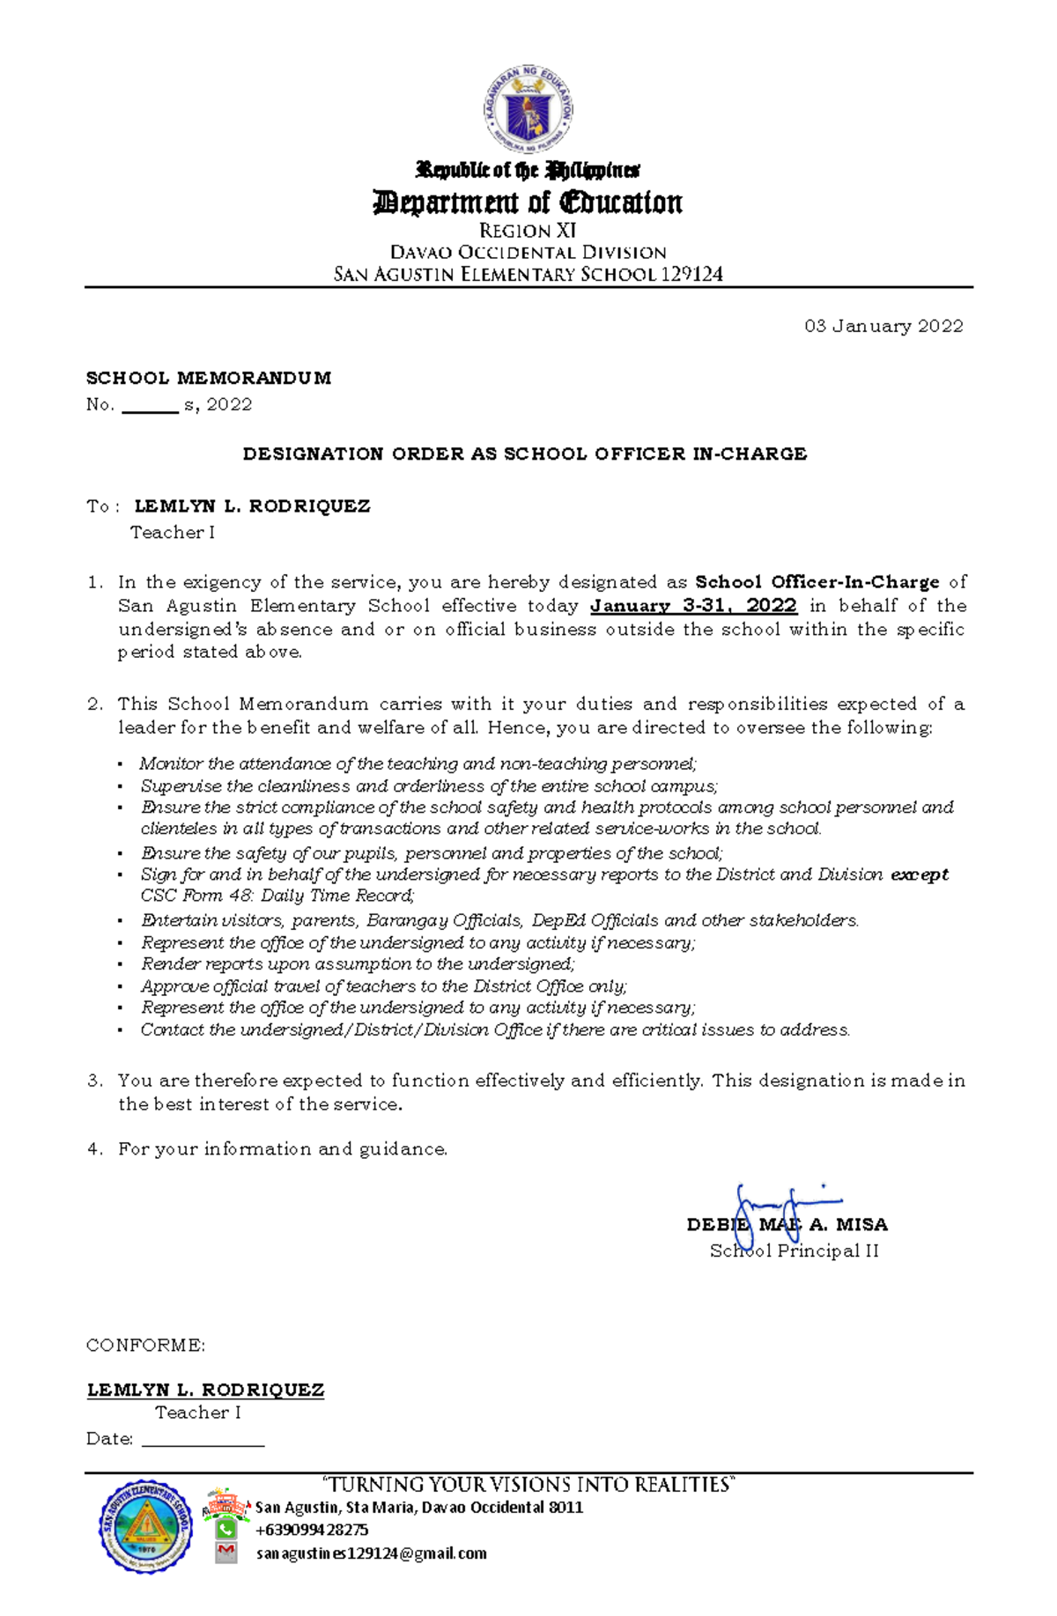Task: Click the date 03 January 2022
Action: [x=883, y=327]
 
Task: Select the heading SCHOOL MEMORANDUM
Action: [x=209, y=379]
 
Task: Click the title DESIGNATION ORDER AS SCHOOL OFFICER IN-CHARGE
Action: [x=525, y=454]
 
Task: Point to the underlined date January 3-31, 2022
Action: [x=693, y=606]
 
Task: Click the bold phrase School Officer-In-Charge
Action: [x=817, y=582]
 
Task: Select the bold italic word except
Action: [x=920, y=874]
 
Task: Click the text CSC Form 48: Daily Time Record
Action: [x=277, y=896]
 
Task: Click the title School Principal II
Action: [x=794, y=1251]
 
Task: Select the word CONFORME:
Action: [x=145, y=1346]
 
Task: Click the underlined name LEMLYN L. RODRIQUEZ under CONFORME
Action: [x=205, y=1391]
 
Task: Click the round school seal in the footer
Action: [x=146, y=1527]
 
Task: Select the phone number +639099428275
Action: [x=312, y=1530]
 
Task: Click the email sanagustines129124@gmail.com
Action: [x=371, y=1553]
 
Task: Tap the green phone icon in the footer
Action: [x=226, y=1529]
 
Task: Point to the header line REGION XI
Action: [x=528, y=232]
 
